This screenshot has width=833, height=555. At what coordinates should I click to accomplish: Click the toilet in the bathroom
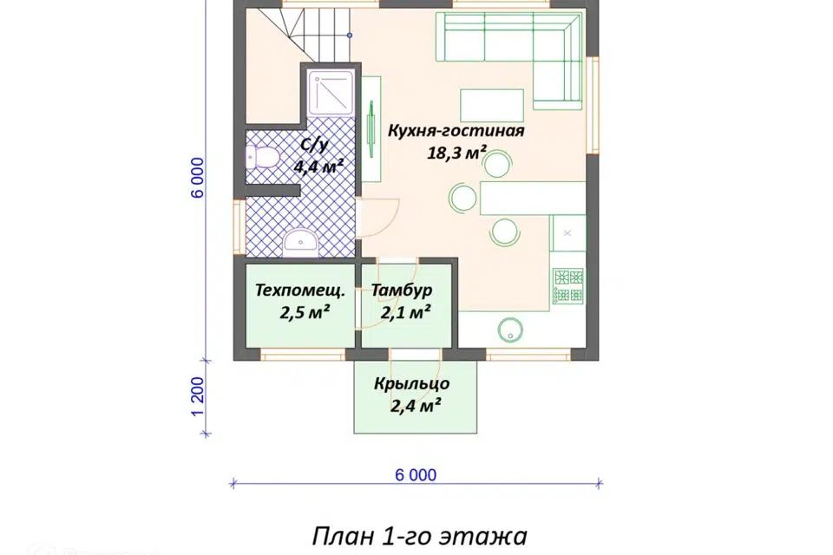pyautogui.click(x=261, y=158)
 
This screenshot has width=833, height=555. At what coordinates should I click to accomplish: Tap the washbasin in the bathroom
pyautogui.click(x=299, y=238)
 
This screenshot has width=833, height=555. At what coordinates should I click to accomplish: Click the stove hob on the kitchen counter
pyautogui.click(x=567, y=286)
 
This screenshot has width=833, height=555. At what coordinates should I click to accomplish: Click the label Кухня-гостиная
pyautogui.click(x=456, y=131)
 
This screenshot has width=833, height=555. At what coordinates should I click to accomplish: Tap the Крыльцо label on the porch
pyautogui.click(x=411, y=382)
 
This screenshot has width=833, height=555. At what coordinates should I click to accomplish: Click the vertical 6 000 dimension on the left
pyautogui.click(x=198, y=178)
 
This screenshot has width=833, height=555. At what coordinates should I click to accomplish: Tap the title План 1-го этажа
pyautogui.click(x=418, y=535)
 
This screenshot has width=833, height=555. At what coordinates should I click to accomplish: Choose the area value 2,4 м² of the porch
pyautogui.click(x=411, y=404)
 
